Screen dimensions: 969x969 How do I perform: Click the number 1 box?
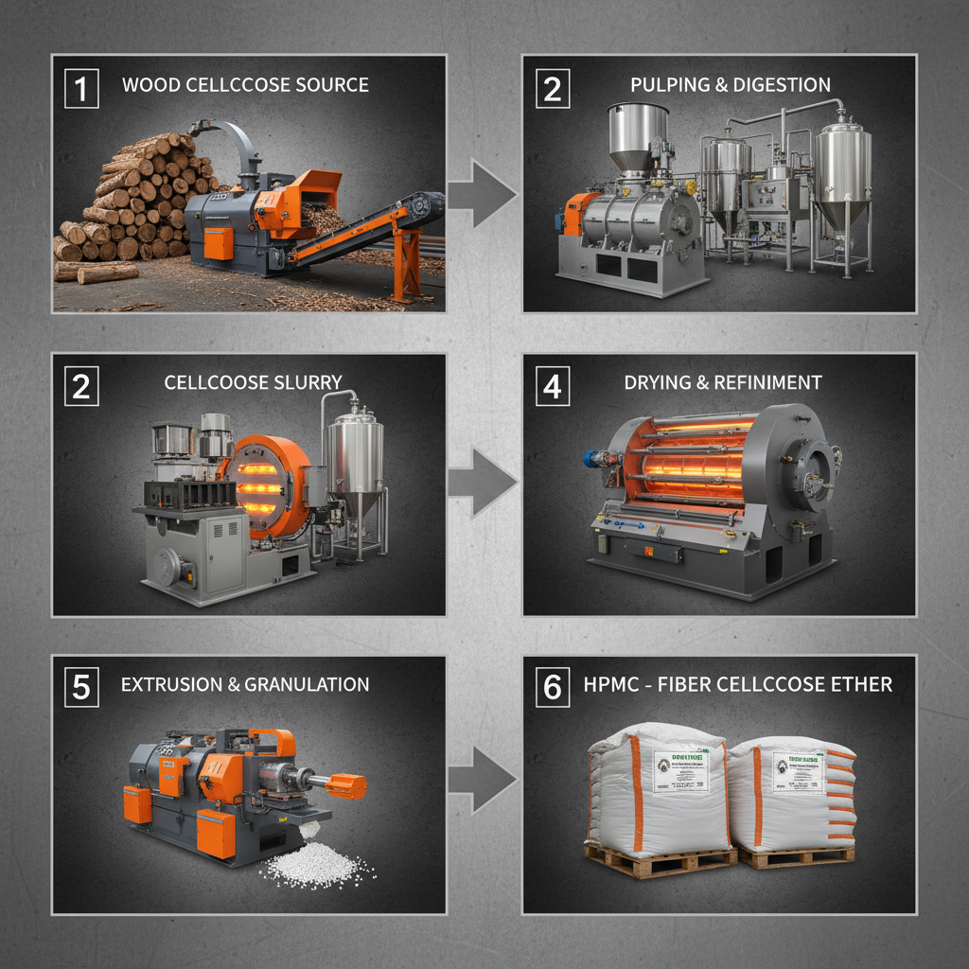click(x=80, y=89)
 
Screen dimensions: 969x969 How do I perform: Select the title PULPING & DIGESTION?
click(x=730, y=85)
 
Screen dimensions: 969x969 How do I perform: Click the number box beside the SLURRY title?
click(x=80, y=387)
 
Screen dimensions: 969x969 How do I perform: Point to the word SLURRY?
click(x=305, y=382)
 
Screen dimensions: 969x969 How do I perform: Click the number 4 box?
click(x=552, y=387)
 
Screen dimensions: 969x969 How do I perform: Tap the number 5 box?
click(x=80, y=688)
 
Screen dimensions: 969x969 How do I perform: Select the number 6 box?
click(x=552, y=688)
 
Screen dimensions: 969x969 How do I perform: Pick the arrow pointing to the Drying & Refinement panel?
click(x=482, y=483)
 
